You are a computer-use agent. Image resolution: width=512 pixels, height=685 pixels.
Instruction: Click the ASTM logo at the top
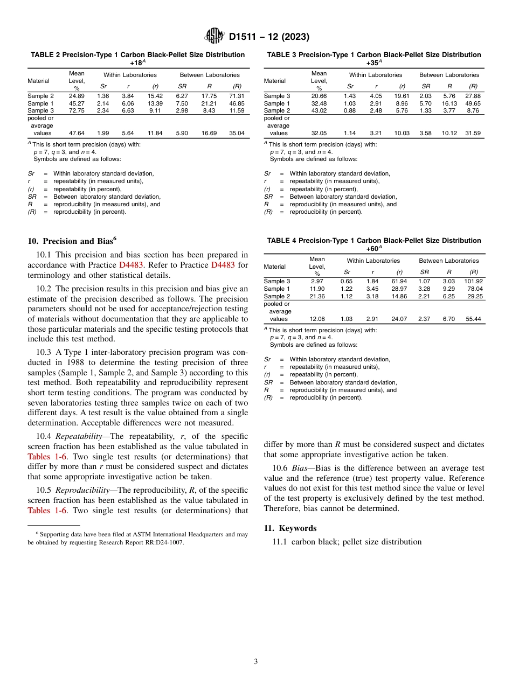tap(215, 37)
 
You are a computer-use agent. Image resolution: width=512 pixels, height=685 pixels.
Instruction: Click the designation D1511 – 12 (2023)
tap(268, 37)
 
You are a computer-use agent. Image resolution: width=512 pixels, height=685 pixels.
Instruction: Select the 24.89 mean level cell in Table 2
tap(77, 96)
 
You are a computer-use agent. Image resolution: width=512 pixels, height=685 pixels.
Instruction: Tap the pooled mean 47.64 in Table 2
tap(77, 133)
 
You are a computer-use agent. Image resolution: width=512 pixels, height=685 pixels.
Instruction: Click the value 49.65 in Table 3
tap(473, 103)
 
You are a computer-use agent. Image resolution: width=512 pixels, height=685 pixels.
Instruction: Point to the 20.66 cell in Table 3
tap(320, 96)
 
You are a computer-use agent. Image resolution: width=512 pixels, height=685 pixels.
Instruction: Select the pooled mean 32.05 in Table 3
tap(320, 133)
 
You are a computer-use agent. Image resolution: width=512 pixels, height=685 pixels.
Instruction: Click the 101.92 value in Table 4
tap(473, 281)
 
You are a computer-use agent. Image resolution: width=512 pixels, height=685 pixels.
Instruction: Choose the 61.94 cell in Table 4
tap(399, 281)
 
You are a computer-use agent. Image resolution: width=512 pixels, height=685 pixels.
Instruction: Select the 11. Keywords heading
tap(290, 528)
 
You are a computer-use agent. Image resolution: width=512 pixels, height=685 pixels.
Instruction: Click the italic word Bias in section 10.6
tap(299, 469)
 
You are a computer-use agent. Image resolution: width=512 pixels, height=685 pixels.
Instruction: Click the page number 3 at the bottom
tap(256, 661)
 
